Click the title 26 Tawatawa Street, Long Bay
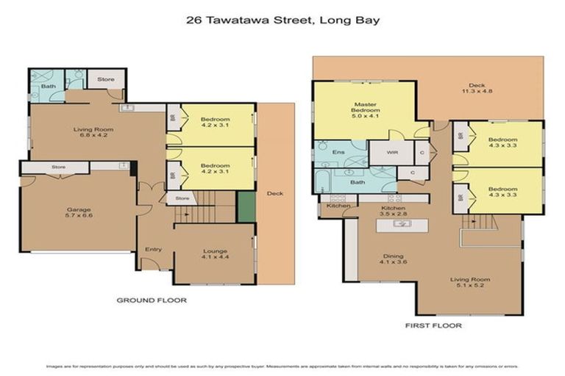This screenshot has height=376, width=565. (x=283, y=21)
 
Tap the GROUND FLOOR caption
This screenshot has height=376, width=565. (x=152, y=300)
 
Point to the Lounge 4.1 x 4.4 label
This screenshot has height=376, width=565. (x=214, y=255)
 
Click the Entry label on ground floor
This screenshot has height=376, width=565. (x=152, y=249)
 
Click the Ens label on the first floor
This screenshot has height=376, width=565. (x=338, y=152)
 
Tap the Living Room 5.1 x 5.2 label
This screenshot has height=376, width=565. (x=470, y=283)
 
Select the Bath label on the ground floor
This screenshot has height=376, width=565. (x=48, y=86)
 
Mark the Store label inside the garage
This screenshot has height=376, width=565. (x=59, y=167)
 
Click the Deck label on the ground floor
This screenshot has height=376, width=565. (x=274, y=194)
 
